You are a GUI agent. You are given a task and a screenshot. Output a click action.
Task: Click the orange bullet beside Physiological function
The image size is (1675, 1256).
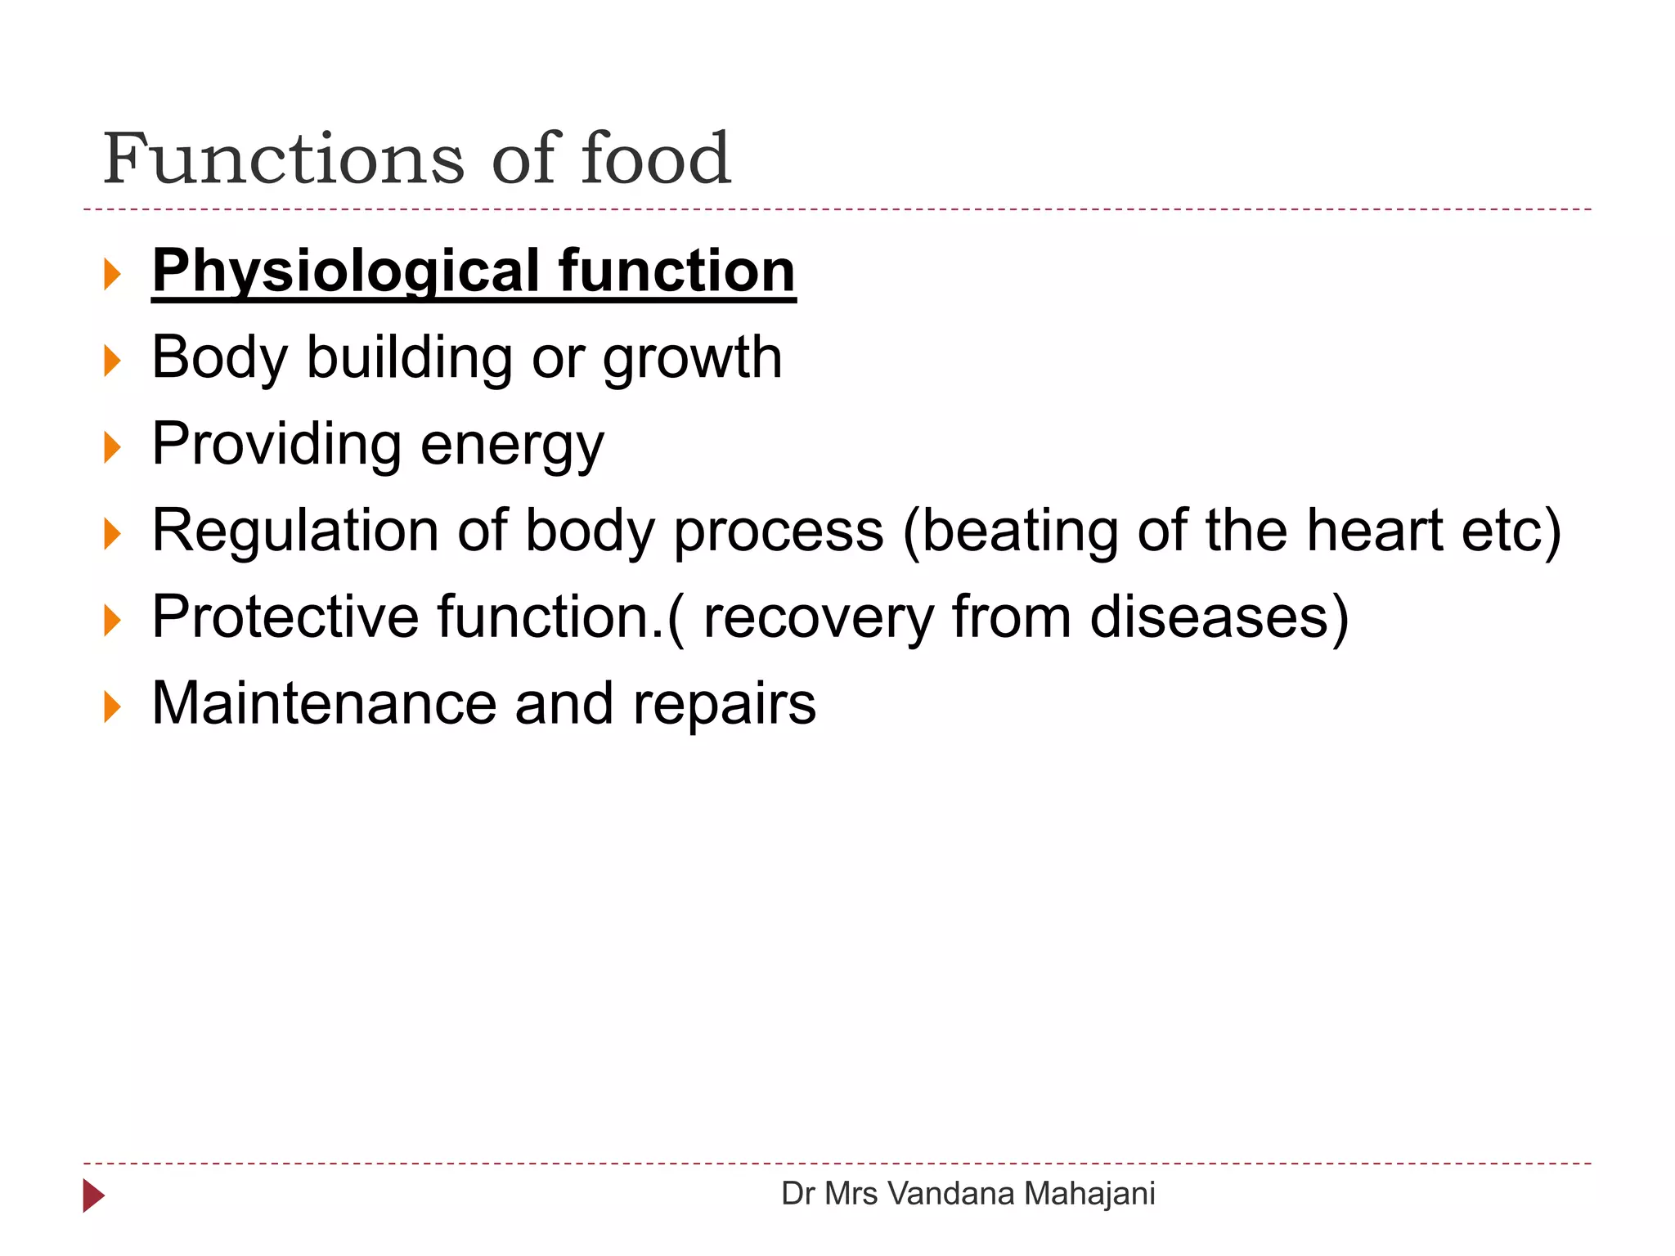click(x=113, y=274)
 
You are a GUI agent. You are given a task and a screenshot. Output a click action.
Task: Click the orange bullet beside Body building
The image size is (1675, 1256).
click(x=113, y=361)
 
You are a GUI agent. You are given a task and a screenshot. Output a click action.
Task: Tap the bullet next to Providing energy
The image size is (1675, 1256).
click(x=113, y=447)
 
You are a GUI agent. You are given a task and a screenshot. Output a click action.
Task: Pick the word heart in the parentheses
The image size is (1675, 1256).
click(x=1374, y=532)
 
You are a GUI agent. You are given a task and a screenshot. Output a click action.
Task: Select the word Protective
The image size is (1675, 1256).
click(x=285, y=617)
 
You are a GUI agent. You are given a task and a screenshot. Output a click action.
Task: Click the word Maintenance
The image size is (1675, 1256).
click(x=324, y=704)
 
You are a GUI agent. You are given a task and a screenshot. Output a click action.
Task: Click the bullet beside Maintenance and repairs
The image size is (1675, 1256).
click(x=113, y=706)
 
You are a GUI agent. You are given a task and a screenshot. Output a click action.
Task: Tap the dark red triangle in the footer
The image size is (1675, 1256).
click(x=93, y=1195)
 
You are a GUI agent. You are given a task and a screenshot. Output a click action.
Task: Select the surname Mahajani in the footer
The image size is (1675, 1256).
click(x=1089, y=1194)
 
